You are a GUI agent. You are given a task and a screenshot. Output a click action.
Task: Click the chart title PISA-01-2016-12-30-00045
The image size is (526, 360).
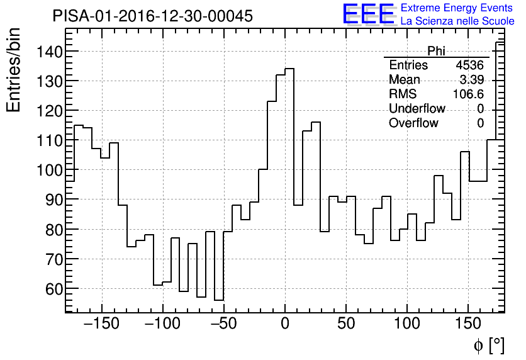click(x=153, y=16)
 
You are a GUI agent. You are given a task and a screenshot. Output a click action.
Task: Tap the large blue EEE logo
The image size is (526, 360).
click(x=368, y=14)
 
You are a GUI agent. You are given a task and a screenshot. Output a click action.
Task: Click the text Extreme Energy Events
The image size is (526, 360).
click(x=457, y=8)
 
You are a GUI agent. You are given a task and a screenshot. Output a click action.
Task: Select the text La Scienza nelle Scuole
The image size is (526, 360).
click(x=457, y=21)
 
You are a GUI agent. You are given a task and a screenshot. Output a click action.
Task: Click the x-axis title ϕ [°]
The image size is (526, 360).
click(x=489, y=345)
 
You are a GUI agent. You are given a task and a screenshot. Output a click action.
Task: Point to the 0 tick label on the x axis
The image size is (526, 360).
click(x=285, y=325)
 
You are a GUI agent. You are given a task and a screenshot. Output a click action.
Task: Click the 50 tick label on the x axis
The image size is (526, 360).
click(x=346, y=325)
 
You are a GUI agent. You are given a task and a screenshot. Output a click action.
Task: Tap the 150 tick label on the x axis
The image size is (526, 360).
click(x=468, y=325)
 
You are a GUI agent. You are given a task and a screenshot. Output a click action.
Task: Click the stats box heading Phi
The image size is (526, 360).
click(x=436, y=51)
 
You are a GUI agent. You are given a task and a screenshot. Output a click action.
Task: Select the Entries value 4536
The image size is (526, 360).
click(x=470, y=65)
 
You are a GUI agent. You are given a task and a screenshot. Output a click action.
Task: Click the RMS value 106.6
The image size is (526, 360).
click(x=468, y=94)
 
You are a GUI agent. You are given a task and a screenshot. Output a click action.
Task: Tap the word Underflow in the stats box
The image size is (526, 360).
click(x=417, y=109)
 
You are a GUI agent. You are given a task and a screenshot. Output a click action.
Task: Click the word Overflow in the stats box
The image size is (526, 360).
click(x=413, y=123)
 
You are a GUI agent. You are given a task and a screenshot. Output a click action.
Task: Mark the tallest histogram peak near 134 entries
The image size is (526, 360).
click(x=289, y=69)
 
